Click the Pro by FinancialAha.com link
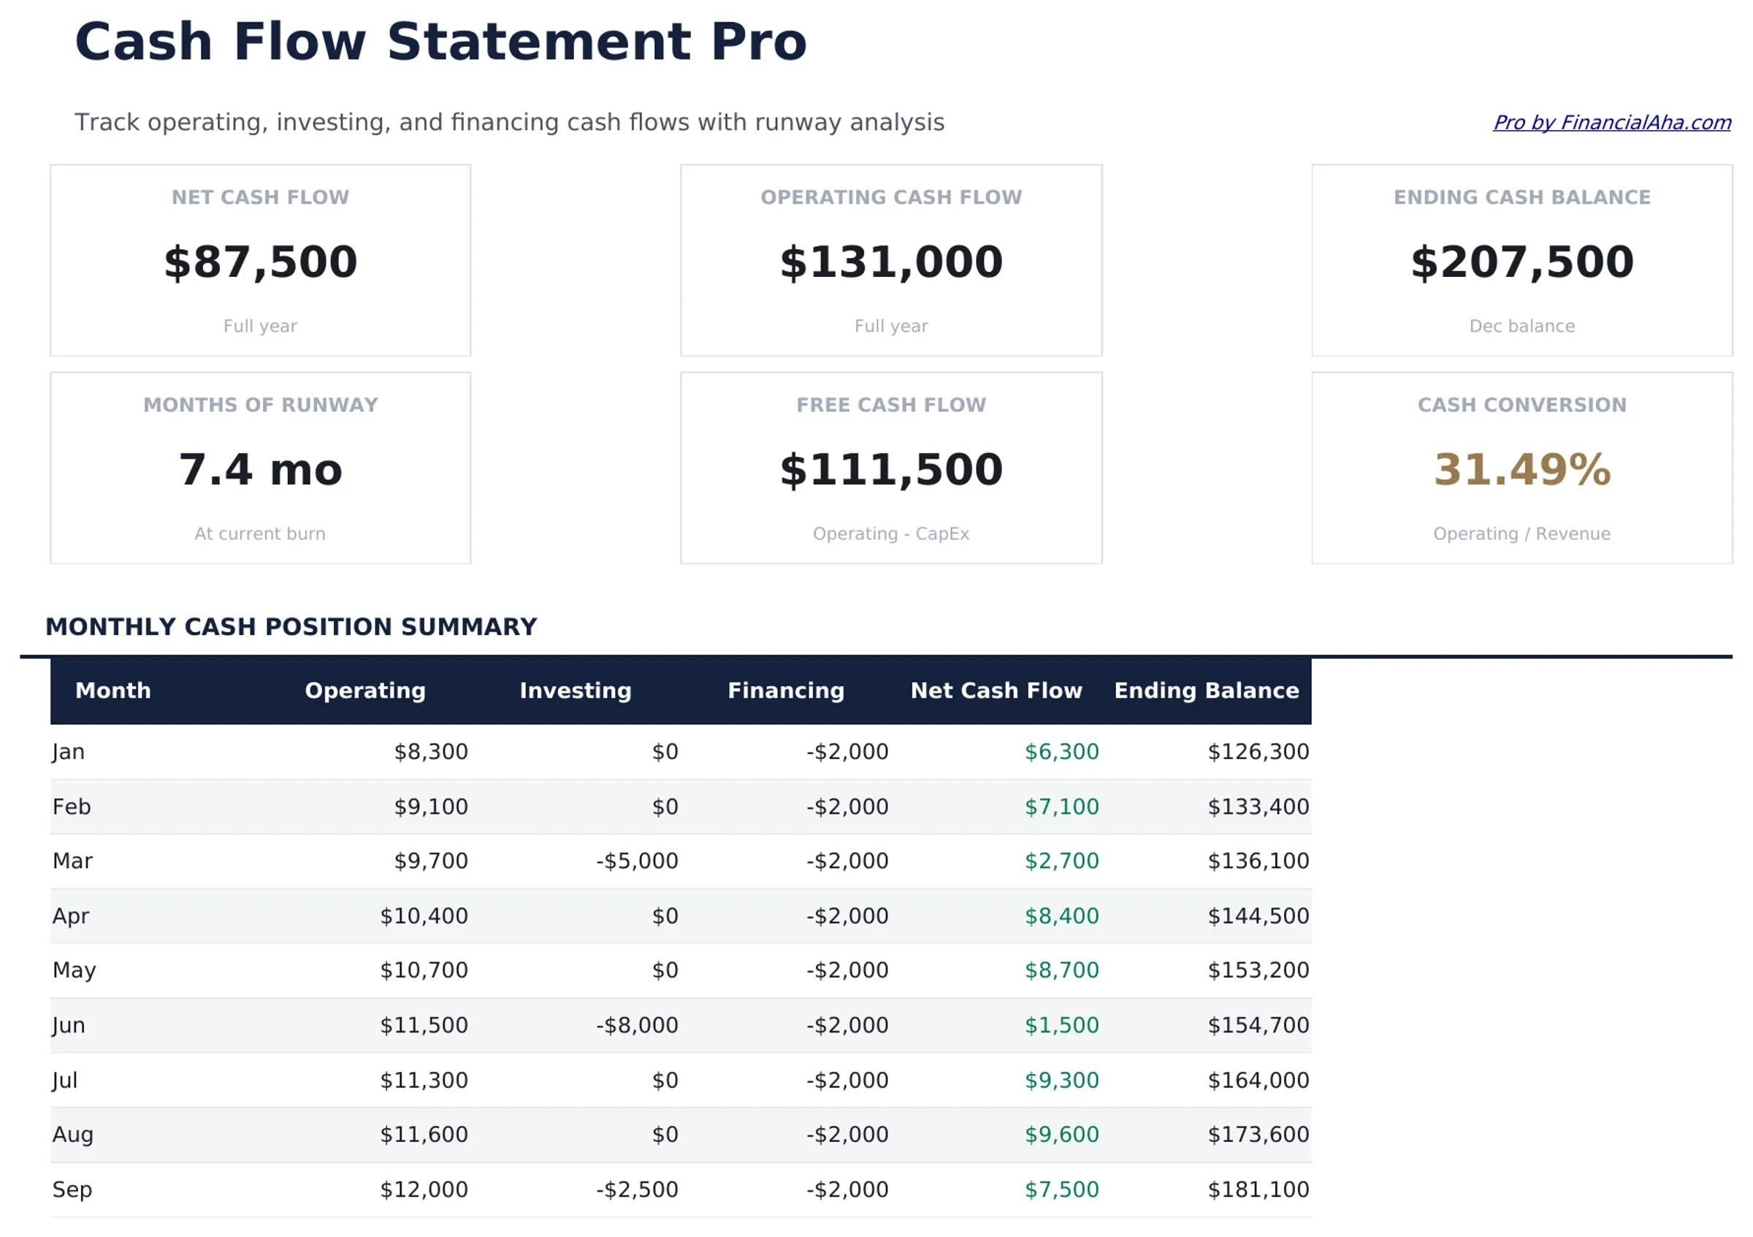point(1611,123)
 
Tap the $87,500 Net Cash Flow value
point(260,262)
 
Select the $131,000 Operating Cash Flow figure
point(891,262)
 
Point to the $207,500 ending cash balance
point(1521,262)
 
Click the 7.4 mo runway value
point(260,470)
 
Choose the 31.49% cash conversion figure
point(1521,470)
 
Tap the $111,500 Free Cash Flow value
point(891,470)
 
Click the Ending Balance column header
point(1207,690)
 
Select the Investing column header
point(576,690)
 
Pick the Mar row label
point(72,861)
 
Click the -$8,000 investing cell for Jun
point(637,1026)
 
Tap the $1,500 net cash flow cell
point(1061,1026)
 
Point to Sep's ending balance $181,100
point(1259,1190)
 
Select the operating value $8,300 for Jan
point(431,752)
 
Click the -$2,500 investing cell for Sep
point(637,1190)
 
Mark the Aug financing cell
point(847,1135)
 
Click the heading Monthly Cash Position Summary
point(291,627)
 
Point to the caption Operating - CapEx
point(891,533)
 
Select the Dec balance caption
point(1521,326)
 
